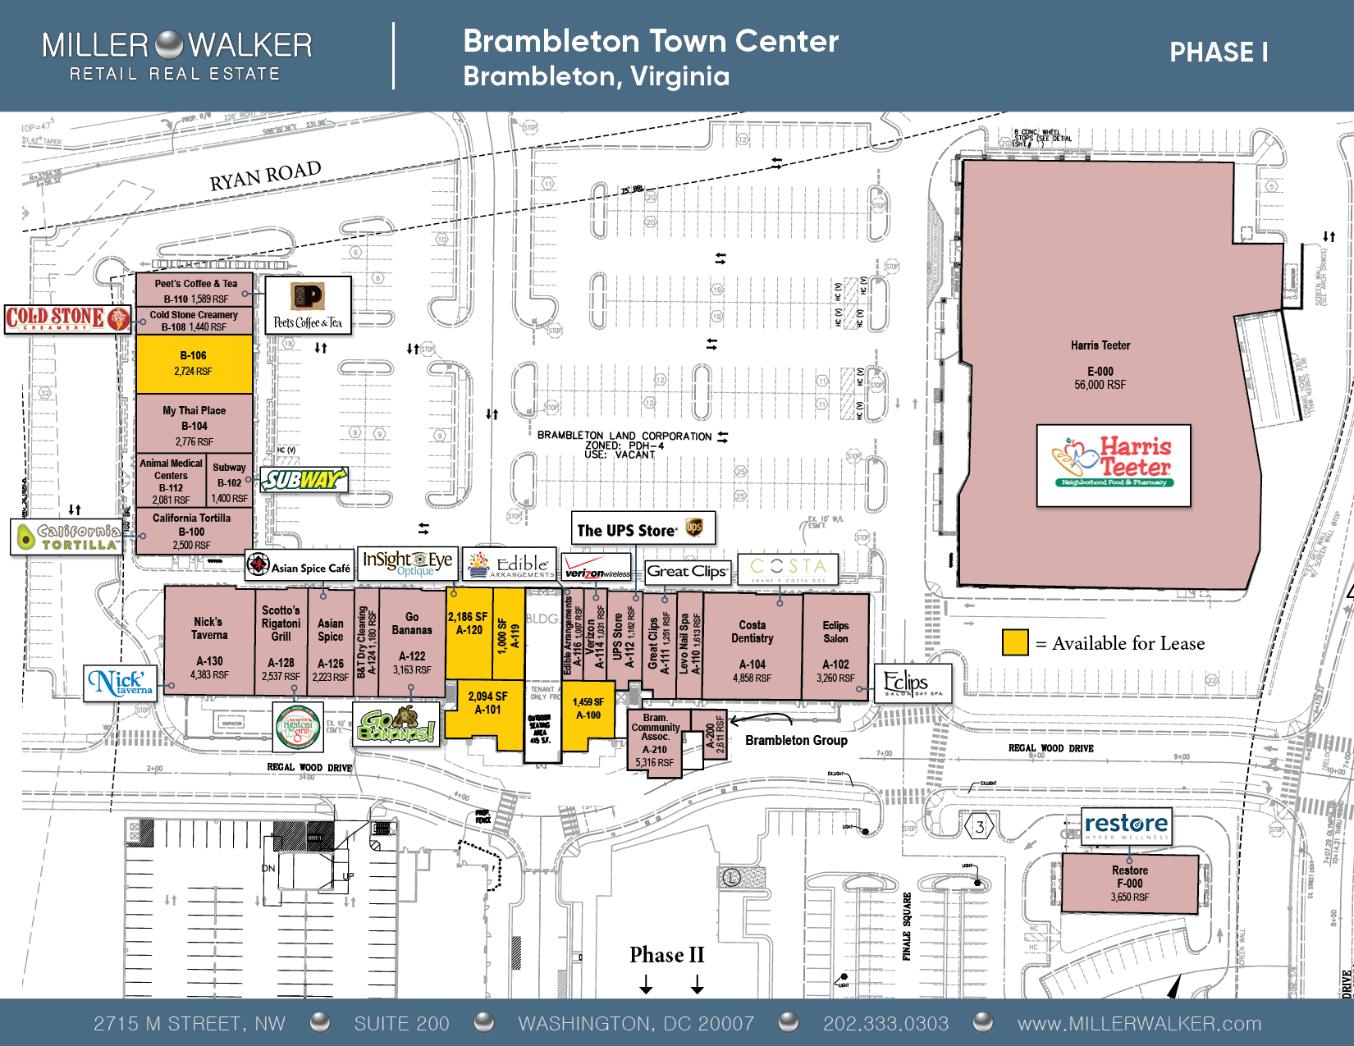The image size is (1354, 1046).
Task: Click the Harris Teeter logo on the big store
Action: pyautogui.click(x=1114, y=465)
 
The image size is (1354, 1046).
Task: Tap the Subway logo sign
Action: pyautogui.click(x=305, y=480)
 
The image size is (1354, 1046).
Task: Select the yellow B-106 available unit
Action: pyautogui.click(x=194, y=363)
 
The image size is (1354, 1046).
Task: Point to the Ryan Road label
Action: pyautogui.click(x=264, y=176)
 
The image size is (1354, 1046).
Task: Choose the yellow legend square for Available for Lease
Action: pyautogui.click(x=1015, y=642)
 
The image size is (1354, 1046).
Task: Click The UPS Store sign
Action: pyautogui.click(x=643, y=529)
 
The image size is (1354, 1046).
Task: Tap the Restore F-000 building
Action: pyautogui.click(x=1129, y=883)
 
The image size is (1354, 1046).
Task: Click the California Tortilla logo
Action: pyautogui.click(x=68, y=537)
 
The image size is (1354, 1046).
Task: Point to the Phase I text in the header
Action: pyautogui.click(x=1218, y=53)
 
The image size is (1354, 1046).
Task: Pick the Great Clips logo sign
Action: pyautogui.click(x=687, y=571)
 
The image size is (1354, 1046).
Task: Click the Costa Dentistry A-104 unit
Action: pyautogui.click(x=752, y=648)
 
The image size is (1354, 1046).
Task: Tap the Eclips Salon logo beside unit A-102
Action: pyautogui.click(x=913, y=683)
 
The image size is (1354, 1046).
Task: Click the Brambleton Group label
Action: pyautogui.click(x=796, y=740)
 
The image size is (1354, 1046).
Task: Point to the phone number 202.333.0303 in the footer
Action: pyautogui.click(x=885, y=1023)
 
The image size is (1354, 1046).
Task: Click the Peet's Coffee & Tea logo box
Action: pyautogui.click(x=309, y=305)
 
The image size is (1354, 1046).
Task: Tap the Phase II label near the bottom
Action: pyautogui.click(x=666, y=955)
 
